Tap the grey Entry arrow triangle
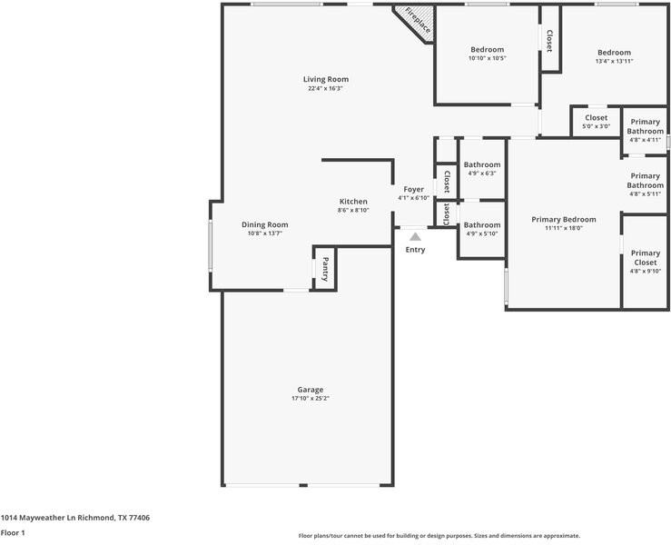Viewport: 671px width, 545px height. click(x=415, y=237)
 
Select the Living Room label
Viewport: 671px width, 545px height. click(x=326, y=79)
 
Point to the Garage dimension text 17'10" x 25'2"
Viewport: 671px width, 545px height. click(x=311, y=398)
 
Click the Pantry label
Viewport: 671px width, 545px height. click(x=325, y=269)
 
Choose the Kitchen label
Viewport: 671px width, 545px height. click(x=353, y=202)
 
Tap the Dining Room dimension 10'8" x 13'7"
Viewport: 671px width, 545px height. click(x=265, y=233)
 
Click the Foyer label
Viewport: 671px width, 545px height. click(x=413, y=189)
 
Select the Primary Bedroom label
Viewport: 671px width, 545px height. click(x=564, y=219)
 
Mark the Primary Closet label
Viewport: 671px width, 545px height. click(x=646, y=258)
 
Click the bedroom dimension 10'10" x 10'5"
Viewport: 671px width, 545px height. click(x=487, y=58)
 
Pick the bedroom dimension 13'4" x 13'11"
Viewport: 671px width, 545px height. click(x=614, y=61)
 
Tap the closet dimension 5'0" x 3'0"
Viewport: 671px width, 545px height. click(x=597, y=126)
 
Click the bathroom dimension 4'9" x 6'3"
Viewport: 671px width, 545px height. click(x=482, y=173)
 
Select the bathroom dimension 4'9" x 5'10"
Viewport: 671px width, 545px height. click(x=482, y=233)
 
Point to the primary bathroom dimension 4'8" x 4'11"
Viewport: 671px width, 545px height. click(x=645, y=140)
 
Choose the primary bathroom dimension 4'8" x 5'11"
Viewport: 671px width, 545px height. click(x=645, y=194)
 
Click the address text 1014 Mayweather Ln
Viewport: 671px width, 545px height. click(x=37, y=518)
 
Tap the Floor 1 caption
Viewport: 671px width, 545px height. click(x=13, y=533)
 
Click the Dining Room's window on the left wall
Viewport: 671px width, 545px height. click(x=210, y=246)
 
